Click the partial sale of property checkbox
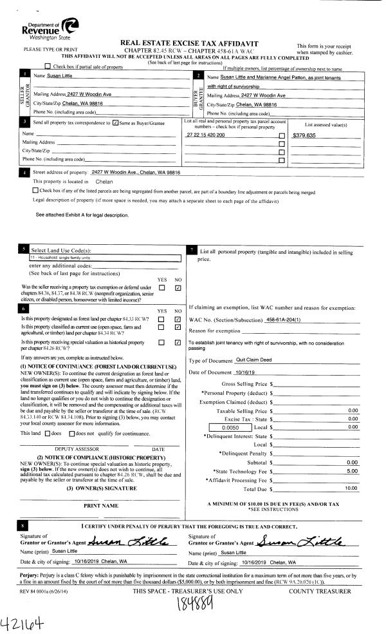[x=48, y=67]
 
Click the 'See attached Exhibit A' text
[x=82, y=215]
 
